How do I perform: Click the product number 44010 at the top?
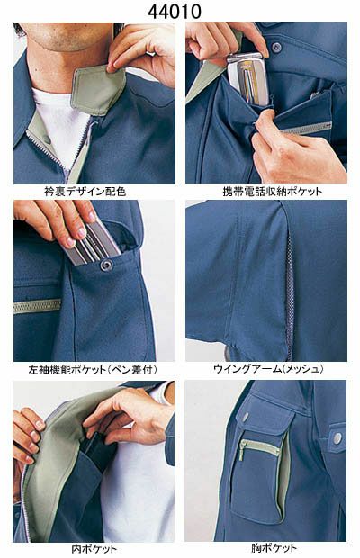(x=175, y=11)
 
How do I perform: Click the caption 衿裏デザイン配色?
(x=85, y=192)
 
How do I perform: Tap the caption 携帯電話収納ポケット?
(x=272, y=192)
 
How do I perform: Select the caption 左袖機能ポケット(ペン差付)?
(x=93, y=369)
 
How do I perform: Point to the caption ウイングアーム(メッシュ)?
(x=268, y=369)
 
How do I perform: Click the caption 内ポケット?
(x=94, y=548)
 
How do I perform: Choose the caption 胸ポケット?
(x=274, y=548)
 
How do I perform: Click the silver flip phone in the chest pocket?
(x=247, y=79)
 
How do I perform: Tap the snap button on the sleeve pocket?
(x=106, y=265)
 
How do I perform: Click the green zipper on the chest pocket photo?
(x=258, y=448)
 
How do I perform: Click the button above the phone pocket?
(x=276, y=47)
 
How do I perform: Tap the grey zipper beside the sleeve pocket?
(x=38, y=306)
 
